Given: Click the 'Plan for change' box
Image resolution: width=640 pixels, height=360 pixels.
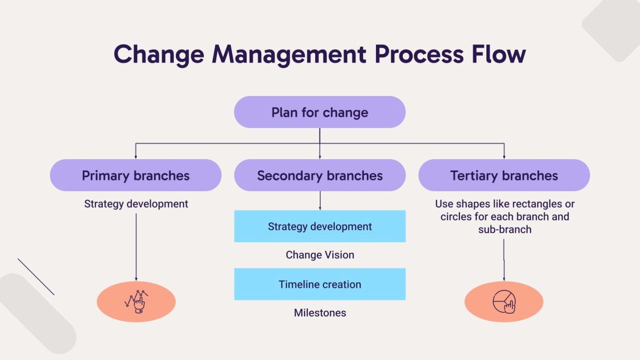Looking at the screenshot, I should tap(320, 112).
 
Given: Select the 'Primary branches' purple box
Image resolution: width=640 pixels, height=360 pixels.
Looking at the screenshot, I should tap(135, 175).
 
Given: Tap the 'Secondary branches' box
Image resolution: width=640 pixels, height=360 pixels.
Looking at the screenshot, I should tap(320, 175).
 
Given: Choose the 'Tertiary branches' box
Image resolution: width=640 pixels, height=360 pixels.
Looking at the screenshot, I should tap(504, 175).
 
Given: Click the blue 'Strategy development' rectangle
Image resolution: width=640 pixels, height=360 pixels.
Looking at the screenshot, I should tap(320, 226).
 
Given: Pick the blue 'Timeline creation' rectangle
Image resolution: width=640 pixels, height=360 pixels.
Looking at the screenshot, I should tap(320, 284).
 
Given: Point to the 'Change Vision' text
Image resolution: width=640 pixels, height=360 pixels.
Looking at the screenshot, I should tap(320, 255).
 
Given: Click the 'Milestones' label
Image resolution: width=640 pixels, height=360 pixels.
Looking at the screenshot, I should tap(320, 313).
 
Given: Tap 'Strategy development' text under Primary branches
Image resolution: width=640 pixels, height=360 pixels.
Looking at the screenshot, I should tap(136, 204).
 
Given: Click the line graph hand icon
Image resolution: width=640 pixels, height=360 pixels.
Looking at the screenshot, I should tap(136, 301).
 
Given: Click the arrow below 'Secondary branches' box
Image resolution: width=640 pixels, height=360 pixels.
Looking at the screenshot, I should tap(320, 201).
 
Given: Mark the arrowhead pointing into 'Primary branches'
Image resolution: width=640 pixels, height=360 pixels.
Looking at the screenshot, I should tap(136, 156).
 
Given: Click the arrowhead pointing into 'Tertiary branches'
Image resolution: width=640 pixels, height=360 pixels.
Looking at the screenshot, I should tap(504, 156).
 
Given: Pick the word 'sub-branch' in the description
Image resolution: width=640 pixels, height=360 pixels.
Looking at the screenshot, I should tap(505, 229).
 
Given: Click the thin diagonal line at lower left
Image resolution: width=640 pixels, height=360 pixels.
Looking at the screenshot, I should tap(36, 277).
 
